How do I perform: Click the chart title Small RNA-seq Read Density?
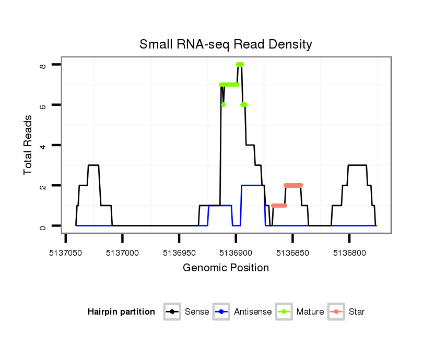pyautogui.click(x=226, y=44)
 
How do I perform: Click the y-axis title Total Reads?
pyautogui.click(x=29, y=145)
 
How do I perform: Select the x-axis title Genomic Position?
pyautogui.click(x=226, y=268)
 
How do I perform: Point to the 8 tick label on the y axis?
pyautogui.click(x=43, y=65)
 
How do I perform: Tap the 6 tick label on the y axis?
pyautogui.click(x=43, y=105)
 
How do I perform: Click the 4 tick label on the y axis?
pyautogui.click(x=43, y=146)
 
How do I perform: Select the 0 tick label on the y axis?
pyautogui.click(x=43, y=226)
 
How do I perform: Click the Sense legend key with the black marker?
pyautogui.click(x=172, y=312)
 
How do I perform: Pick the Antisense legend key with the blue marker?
pyautogui.click(x=221, y=312)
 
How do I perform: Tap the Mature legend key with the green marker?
pyautogui.click(x=284, y=312)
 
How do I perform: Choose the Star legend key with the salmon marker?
pyautogui.click(x=336, y=312)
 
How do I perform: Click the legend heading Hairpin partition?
pyautogui.click(x=121, y=312)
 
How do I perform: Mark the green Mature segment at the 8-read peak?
pyautogui.click(x=240, y=65)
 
